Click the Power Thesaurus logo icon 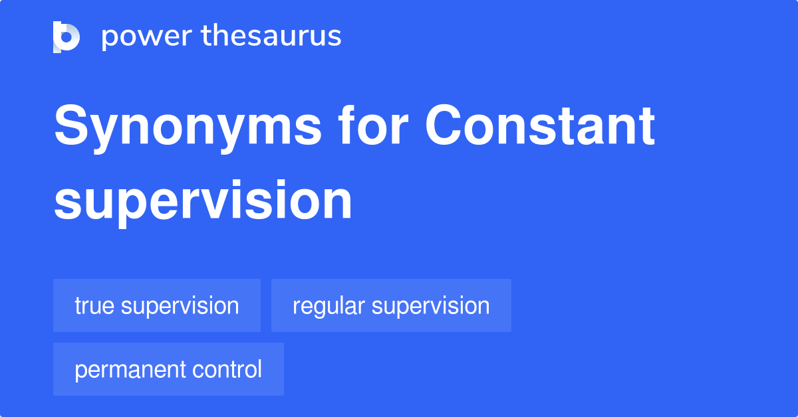tap(66, 37)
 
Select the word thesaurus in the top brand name tap(271, 37)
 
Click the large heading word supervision tap(203, 201)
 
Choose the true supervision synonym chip tap(157, 305)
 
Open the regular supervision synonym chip tap(391, 305)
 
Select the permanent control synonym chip tap(168, 369)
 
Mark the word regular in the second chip tap(328, 306)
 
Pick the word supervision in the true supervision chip tap(180, 305)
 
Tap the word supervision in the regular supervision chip tap(430, 305)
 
